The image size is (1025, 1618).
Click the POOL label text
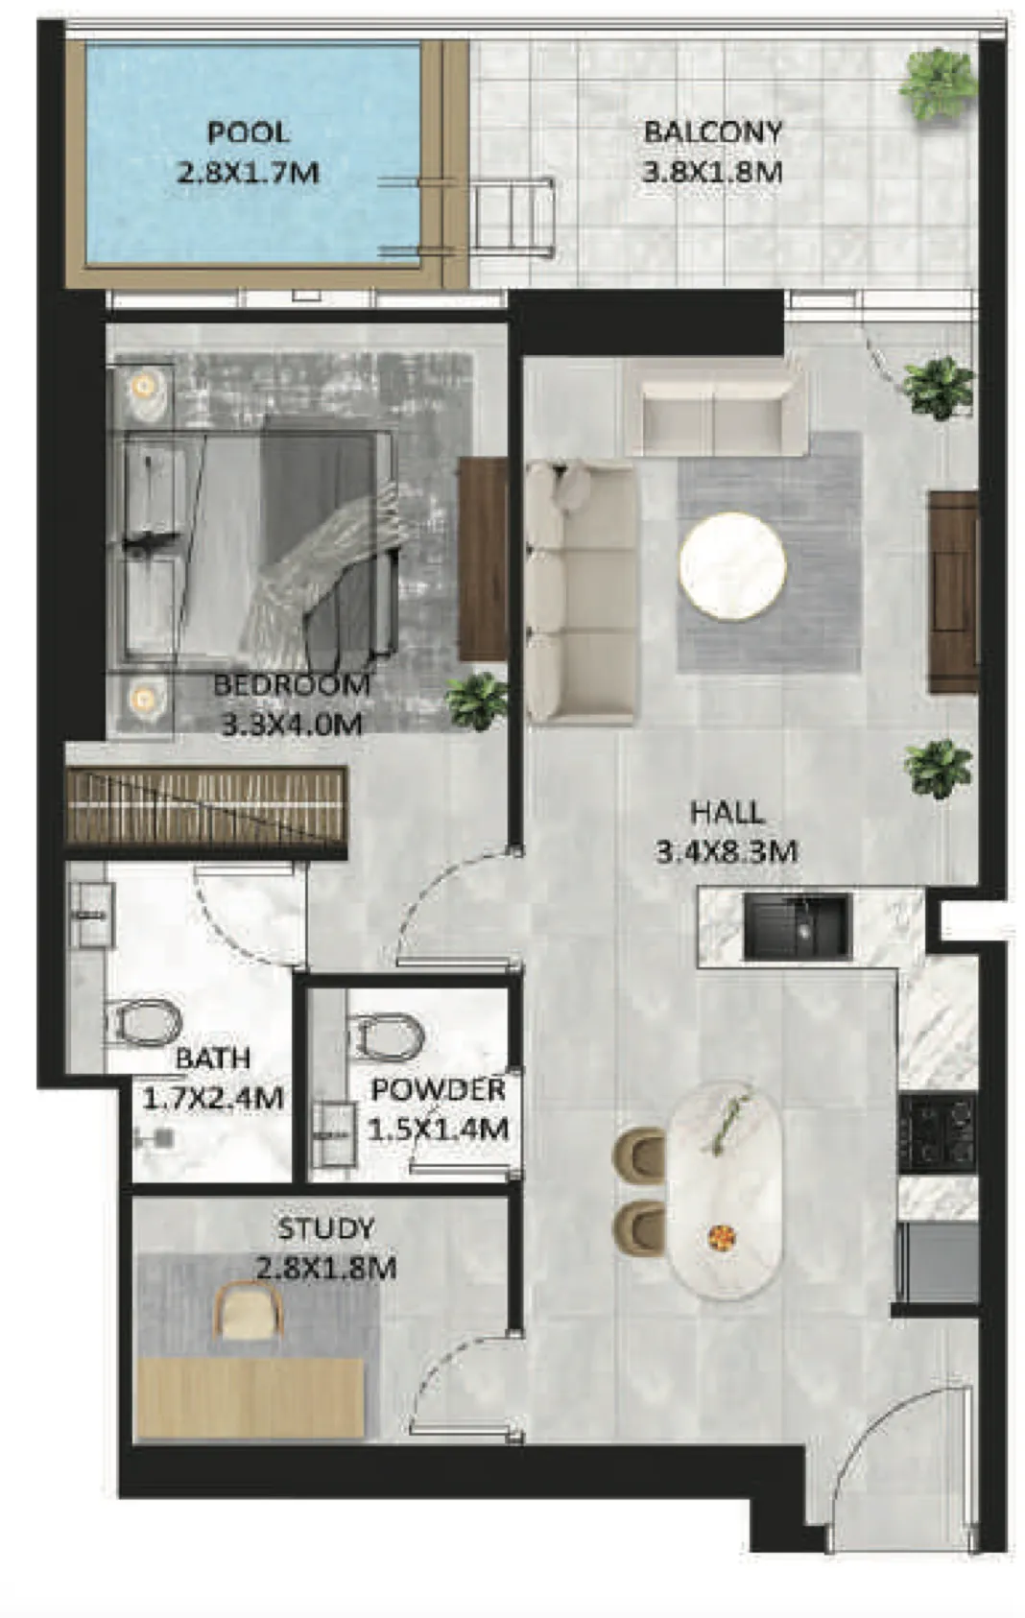click(x=248, y=132)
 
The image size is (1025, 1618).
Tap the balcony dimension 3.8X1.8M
click(x=712, y=173)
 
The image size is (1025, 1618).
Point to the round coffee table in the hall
click(x=732, y=566)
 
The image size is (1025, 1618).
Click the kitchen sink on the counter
click(x=797, y=926)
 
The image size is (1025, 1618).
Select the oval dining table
click(x=725, y=1190)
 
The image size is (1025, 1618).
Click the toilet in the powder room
click(x=388, y=1035)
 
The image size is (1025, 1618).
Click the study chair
click(x=249, y=1311)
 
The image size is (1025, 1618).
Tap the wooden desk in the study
click(x=250, y=1397)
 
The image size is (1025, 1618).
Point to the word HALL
click(x=727, y=813)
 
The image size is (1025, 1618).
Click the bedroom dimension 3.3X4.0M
click(x=292, y=724)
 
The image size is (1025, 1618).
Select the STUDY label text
click(x=325, y=1228)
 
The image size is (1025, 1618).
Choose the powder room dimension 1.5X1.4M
click(x=438, y=1130)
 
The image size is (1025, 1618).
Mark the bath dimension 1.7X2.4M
click(x=213, y=1097)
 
